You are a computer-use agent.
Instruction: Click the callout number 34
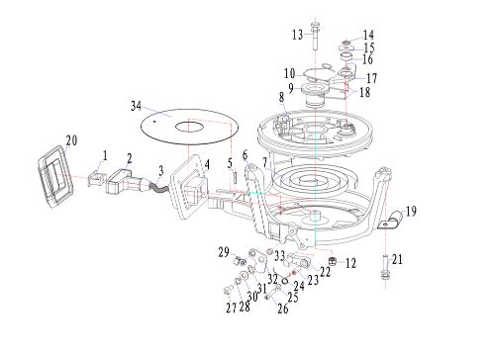pyautogui.click(x=136, y=106)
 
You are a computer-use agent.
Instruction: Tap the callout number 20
pyautogui.click(x=71, y=140)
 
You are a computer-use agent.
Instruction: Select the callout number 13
pyautogui.click(x=298, y=35)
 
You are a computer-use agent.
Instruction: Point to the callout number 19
pyautogui.click(x=411, y=212)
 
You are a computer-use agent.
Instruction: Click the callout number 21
pyautogui.click(x=397, y=259)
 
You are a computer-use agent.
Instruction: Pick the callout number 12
pyautogui.click(x=350, y=263)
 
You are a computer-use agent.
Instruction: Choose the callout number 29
pyautogui.click(x=224, y=252)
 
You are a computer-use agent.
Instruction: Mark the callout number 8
pyautogui.click(x=281, y=97)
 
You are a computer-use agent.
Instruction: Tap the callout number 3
pyautogui.click(x=161, y=170)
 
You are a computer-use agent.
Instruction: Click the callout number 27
pyautogui.click(x=232, y=308)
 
